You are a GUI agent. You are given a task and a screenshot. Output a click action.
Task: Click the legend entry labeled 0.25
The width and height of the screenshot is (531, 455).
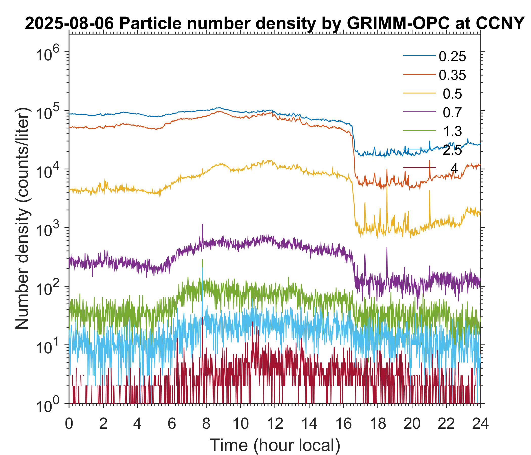(452, 57)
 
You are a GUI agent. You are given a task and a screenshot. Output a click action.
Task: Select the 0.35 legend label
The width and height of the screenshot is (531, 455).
(452, 75)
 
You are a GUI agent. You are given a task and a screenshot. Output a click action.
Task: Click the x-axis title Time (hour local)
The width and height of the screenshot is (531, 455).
(275, 445)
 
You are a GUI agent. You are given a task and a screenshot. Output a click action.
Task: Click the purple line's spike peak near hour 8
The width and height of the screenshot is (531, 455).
(203, 224)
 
